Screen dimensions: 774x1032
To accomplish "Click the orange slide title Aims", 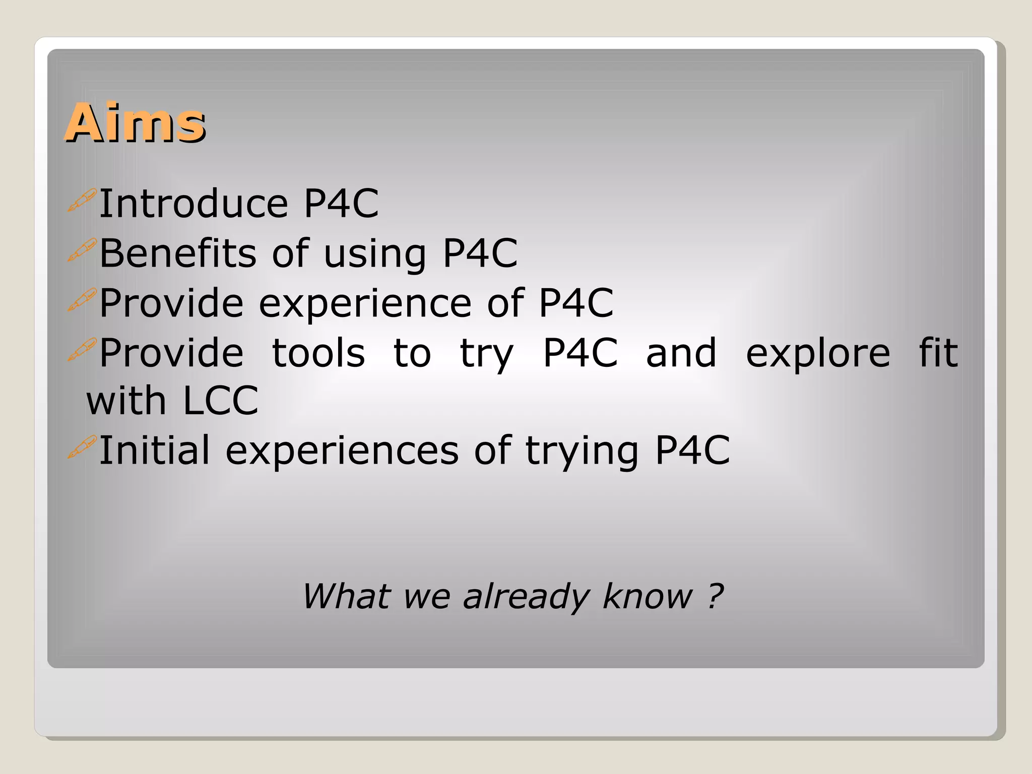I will (135, 122).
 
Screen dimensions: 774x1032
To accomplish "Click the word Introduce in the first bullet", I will (193, 204).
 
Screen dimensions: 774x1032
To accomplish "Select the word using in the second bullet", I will (375, 254).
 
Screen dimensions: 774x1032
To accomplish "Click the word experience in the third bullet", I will (365, 303).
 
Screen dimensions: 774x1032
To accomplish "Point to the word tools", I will (318, 353).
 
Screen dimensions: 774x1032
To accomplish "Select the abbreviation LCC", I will (220, 401).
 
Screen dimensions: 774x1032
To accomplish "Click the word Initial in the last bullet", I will (154, 450).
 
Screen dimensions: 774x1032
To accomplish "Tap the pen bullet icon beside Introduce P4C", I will (82, 201).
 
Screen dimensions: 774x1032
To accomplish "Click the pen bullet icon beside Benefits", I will (82, 250).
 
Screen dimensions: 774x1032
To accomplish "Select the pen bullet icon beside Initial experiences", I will (82, 447).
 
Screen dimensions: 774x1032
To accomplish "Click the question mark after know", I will (715, 596).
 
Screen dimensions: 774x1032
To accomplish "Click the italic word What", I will (346, 596).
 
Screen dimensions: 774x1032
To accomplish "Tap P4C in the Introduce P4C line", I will (341, 204).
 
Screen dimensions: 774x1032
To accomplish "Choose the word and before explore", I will (681, 353).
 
